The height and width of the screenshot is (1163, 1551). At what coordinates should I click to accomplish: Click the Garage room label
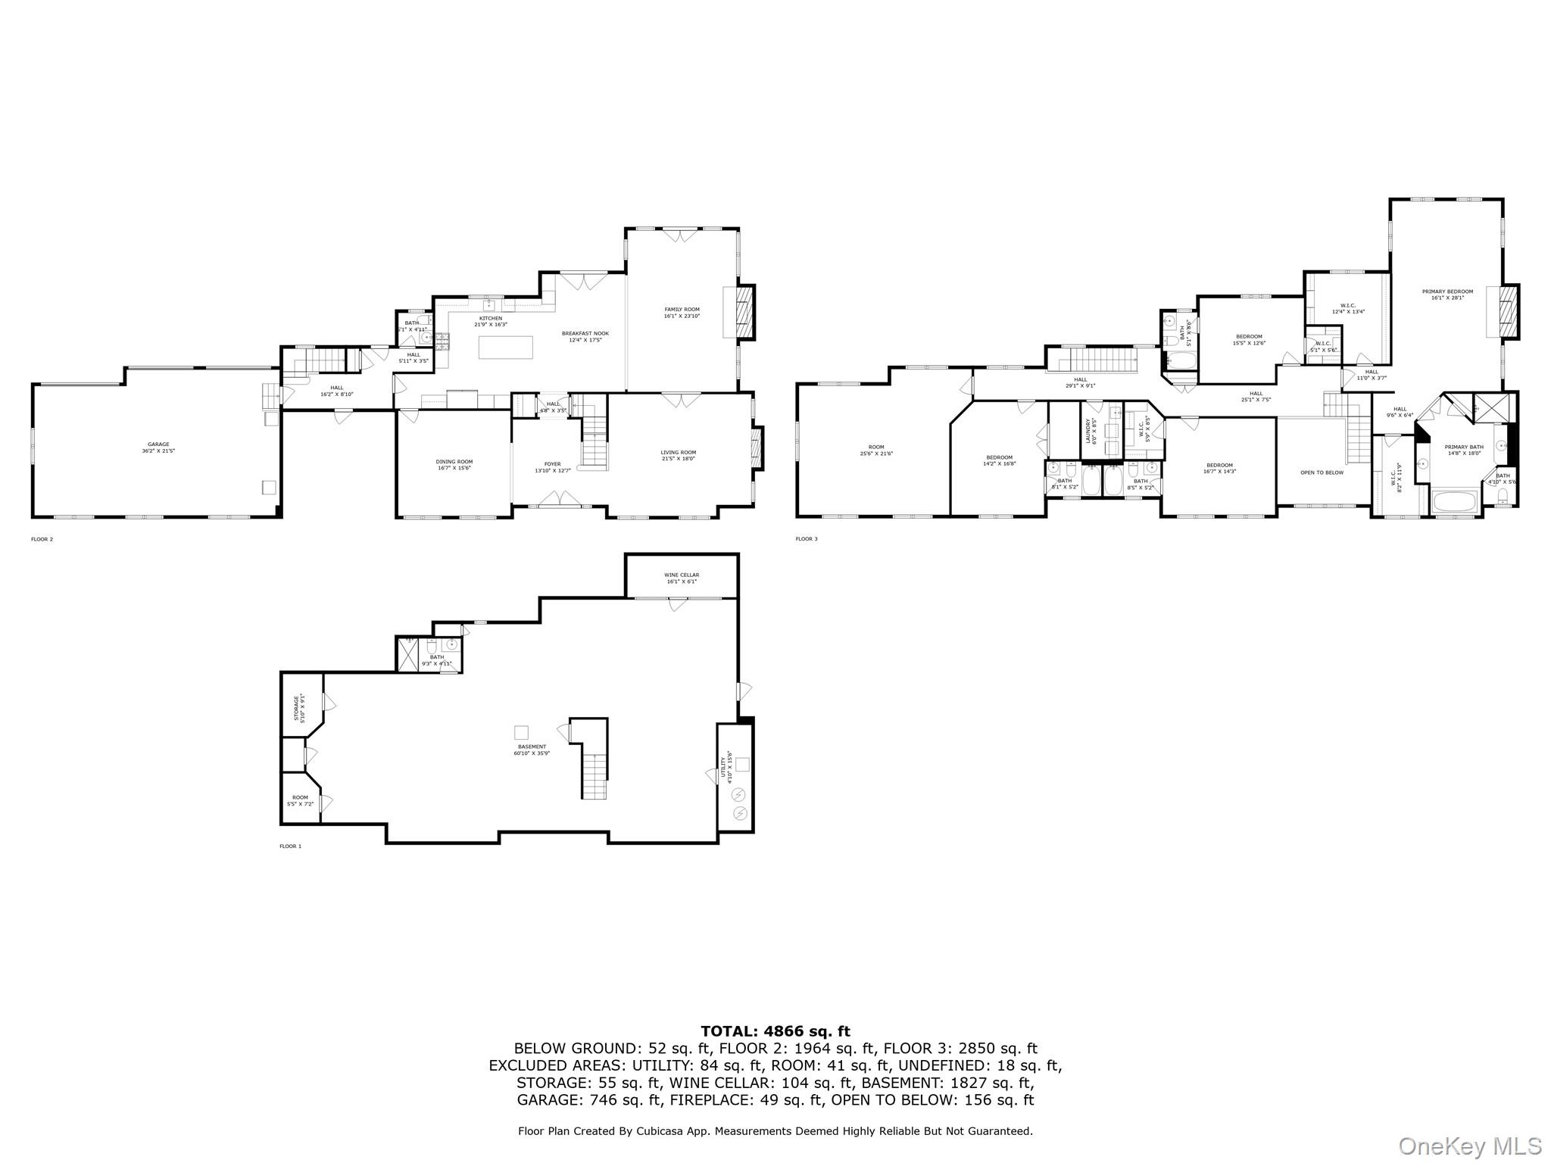pyautogui.click(x=158, y=447)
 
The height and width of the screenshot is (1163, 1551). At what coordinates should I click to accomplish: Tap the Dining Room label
pyautogui.click(x=454, y=464)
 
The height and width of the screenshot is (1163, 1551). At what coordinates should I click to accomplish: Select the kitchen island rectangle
pyautogui.click(x=506, y=347)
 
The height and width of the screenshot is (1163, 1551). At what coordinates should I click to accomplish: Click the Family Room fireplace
pyautogui.click(x=746, y=311)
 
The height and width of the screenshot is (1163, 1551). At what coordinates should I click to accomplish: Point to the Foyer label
pyautogui.click(x=552, y=467)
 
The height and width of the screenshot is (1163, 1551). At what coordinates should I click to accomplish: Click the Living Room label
pyautogui.click(x=678, y=455)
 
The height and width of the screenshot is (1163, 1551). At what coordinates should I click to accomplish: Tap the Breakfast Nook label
pyautogui.click(x=585, y=336)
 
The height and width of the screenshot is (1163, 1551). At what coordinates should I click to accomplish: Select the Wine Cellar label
pyautogui.click(x=682, y=578)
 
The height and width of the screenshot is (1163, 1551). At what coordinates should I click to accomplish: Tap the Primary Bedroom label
pyautogui.click(x=1447, y=295)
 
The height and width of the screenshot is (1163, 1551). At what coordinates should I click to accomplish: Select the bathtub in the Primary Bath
pyautogui.click(x=1454, y=502)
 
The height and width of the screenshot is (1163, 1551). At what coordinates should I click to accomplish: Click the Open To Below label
pyautogui.click(x=1322, y=472)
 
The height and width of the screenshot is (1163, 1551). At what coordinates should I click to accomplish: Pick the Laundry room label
pyautogui.click(x=1091, y=432)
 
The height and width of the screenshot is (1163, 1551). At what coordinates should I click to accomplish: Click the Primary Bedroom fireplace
pyautogui.click(x=1509, y=311)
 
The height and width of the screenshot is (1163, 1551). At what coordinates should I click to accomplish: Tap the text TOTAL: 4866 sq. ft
pyautogui.click(x=775, y=1031)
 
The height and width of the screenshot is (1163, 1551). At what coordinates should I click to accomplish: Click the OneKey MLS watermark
pyautogui.click(x=1469, y=1146)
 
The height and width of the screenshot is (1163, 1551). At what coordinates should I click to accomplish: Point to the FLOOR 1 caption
pyautogui.click(x=290, y=847)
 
